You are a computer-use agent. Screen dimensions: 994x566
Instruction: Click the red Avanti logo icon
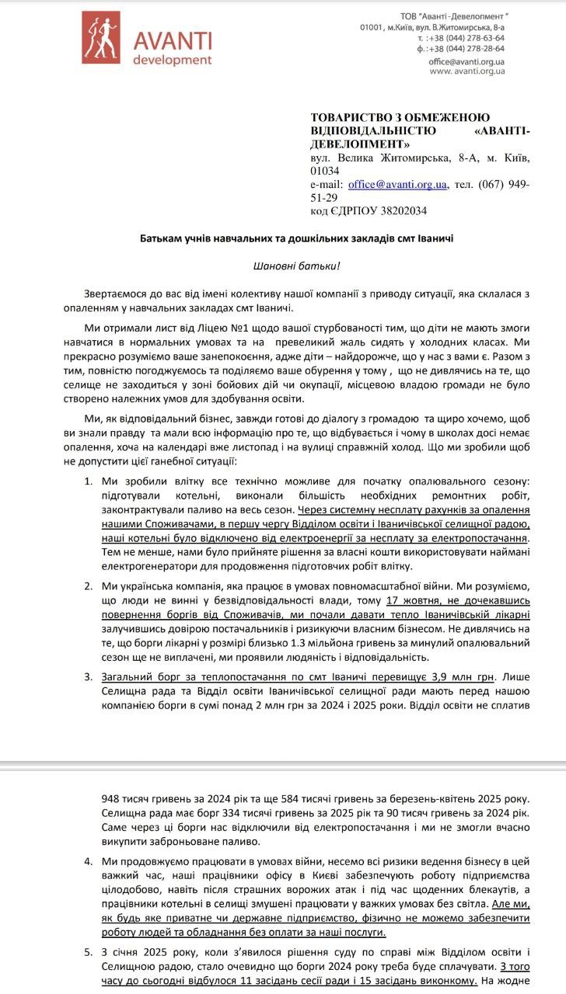(x=101, y=36)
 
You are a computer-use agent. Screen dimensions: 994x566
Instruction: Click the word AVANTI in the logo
(x=172, y=40)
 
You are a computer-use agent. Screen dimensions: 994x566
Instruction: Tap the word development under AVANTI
(x=172, y=59)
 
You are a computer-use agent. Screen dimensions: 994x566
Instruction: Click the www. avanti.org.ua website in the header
(x=466, y=71)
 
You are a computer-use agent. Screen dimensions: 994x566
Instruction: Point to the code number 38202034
(x=401, y=210)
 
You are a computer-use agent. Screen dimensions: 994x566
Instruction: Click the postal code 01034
(x=324, y=171)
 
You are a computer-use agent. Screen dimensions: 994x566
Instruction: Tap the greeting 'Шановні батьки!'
(x=297, y=266)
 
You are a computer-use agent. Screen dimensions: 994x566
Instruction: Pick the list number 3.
(x=89, y=676)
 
